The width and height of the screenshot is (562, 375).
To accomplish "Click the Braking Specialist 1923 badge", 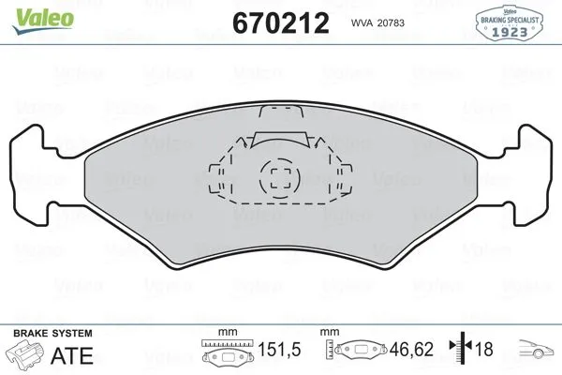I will tap(513, 21).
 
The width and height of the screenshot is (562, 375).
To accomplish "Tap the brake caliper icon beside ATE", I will tap(26, 354).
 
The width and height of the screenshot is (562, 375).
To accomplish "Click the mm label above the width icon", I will tap(225, 333).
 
